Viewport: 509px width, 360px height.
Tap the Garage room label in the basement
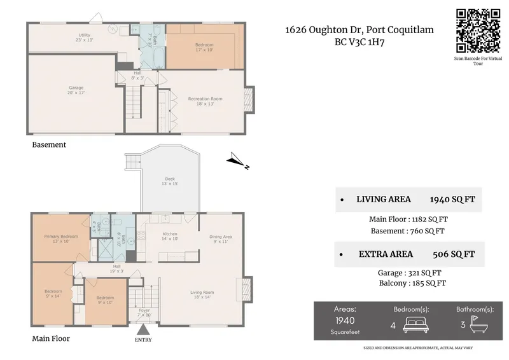click(76, 88)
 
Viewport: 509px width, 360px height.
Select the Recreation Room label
click(204, 99)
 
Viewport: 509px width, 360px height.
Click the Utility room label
click(85, 35)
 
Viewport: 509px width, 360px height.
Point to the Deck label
click(170, 179)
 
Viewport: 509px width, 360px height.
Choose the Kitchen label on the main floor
click(170, 235)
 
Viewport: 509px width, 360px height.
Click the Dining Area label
click(221, 237)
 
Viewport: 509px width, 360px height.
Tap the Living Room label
click(202, 293)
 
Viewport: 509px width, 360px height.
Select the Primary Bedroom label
click(61, 237)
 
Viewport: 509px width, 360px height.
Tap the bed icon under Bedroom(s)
click(411, 324)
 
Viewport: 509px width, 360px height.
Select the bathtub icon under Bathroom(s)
click(475, 324)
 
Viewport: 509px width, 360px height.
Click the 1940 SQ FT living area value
click(452, 199)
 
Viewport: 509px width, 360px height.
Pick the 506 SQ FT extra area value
click(453, 254)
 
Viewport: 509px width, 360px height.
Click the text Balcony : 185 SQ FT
click(412, 283)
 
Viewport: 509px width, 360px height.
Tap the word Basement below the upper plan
click(49, 144)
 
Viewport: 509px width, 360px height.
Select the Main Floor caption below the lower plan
click(51, 338)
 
